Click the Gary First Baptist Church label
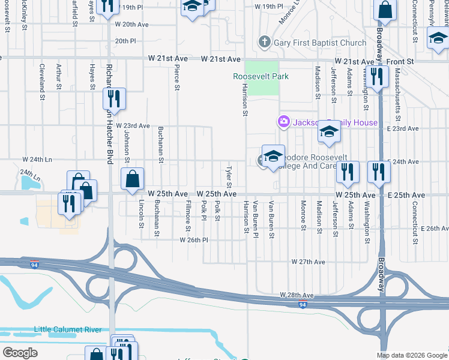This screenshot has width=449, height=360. coord(319,43)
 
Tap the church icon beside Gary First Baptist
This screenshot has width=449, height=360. coord(264,43)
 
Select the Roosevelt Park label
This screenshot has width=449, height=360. coord(261,76)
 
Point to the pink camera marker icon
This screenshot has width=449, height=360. coord(283,122)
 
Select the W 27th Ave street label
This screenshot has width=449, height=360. coord(308,262)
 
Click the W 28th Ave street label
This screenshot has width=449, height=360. coord(297,295)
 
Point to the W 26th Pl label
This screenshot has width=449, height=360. coord(193,239)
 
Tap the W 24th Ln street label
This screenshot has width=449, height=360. coord(38,160)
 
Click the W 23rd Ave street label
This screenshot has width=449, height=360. coord(133,126)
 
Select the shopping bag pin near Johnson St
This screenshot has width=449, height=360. coord(132,178)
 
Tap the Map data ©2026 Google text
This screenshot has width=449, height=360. coord(412,355)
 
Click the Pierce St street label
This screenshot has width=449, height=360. coord(177,78)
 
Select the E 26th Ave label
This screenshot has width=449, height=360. coord(435,229)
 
